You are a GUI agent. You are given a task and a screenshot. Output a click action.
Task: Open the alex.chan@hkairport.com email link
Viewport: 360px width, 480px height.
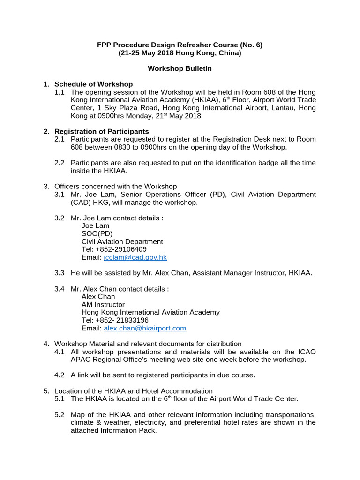[x=145, y=328]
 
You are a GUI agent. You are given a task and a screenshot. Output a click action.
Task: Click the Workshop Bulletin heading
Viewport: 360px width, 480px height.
[x=180, y=68]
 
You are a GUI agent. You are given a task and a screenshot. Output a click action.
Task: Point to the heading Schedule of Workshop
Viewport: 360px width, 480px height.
[x=94, y=84]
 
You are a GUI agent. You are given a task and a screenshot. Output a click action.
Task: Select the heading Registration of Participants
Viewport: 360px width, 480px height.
[x=102, y=131]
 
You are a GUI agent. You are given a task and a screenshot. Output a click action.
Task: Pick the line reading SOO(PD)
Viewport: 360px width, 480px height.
[x=97, y=233]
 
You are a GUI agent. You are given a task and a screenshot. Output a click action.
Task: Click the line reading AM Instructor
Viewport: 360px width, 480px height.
[x=103, y=304]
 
